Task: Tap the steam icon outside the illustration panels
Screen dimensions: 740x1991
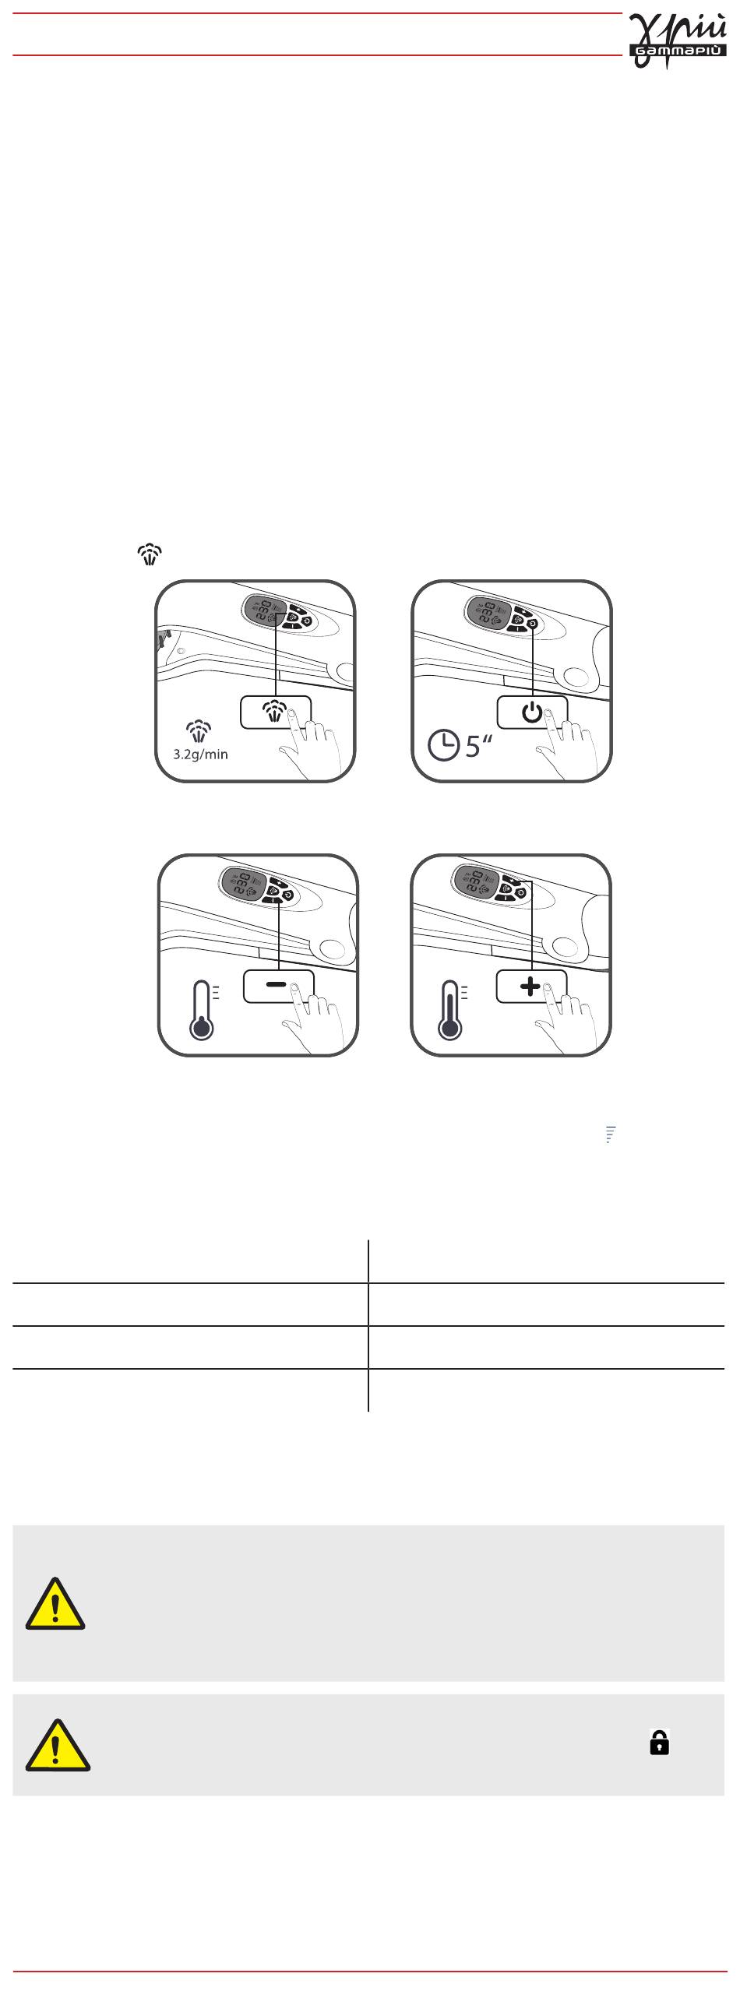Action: pyautogui.click(x=150, y=554)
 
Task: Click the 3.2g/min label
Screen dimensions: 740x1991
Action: pyautogui.click(x=200, y=754)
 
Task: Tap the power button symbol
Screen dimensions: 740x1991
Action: pyautogui.click(x=532, y=712)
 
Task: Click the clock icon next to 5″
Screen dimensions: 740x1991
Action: pyautogui.click(x=444, y=746)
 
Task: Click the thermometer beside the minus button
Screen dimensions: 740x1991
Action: pyautogui.click(x=204, y=1010)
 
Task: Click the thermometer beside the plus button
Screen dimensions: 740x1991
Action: pyautogui.click(x=452, y=1010)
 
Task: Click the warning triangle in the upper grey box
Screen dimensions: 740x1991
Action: pyautogui.click(x=55, y=1604)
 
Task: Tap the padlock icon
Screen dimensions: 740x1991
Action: pyautogui.click(x=659, y=1742)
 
